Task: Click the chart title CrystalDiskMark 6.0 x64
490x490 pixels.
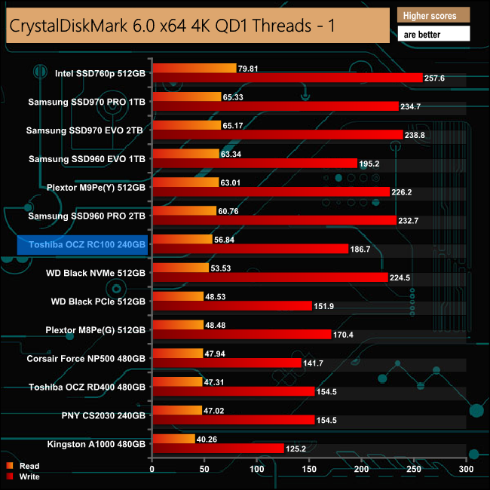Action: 172,26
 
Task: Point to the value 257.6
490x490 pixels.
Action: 437,78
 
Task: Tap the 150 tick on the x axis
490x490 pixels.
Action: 310,469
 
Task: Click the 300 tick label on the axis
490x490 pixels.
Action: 467,469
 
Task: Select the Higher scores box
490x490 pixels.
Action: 433,15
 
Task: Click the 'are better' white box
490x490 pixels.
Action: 433,34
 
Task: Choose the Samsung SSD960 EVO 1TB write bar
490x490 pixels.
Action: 255,163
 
